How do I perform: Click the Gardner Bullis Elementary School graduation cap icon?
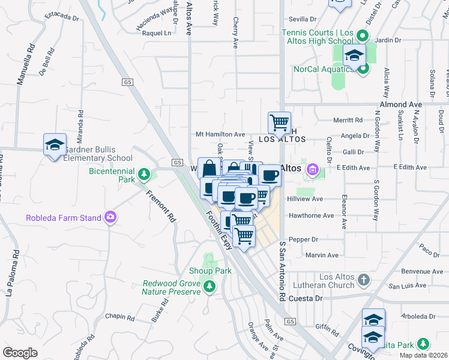[55, 145]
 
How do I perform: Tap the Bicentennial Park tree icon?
[143, 175]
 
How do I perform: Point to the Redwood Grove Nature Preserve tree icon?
[209, 286]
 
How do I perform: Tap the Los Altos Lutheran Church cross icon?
[364, 280]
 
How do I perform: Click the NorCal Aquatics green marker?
[363, 69]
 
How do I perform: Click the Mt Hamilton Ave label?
[221, 134]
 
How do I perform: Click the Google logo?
[20, 353]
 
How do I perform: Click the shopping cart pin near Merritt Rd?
[279, 123]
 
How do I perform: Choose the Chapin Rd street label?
[119, 316]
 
